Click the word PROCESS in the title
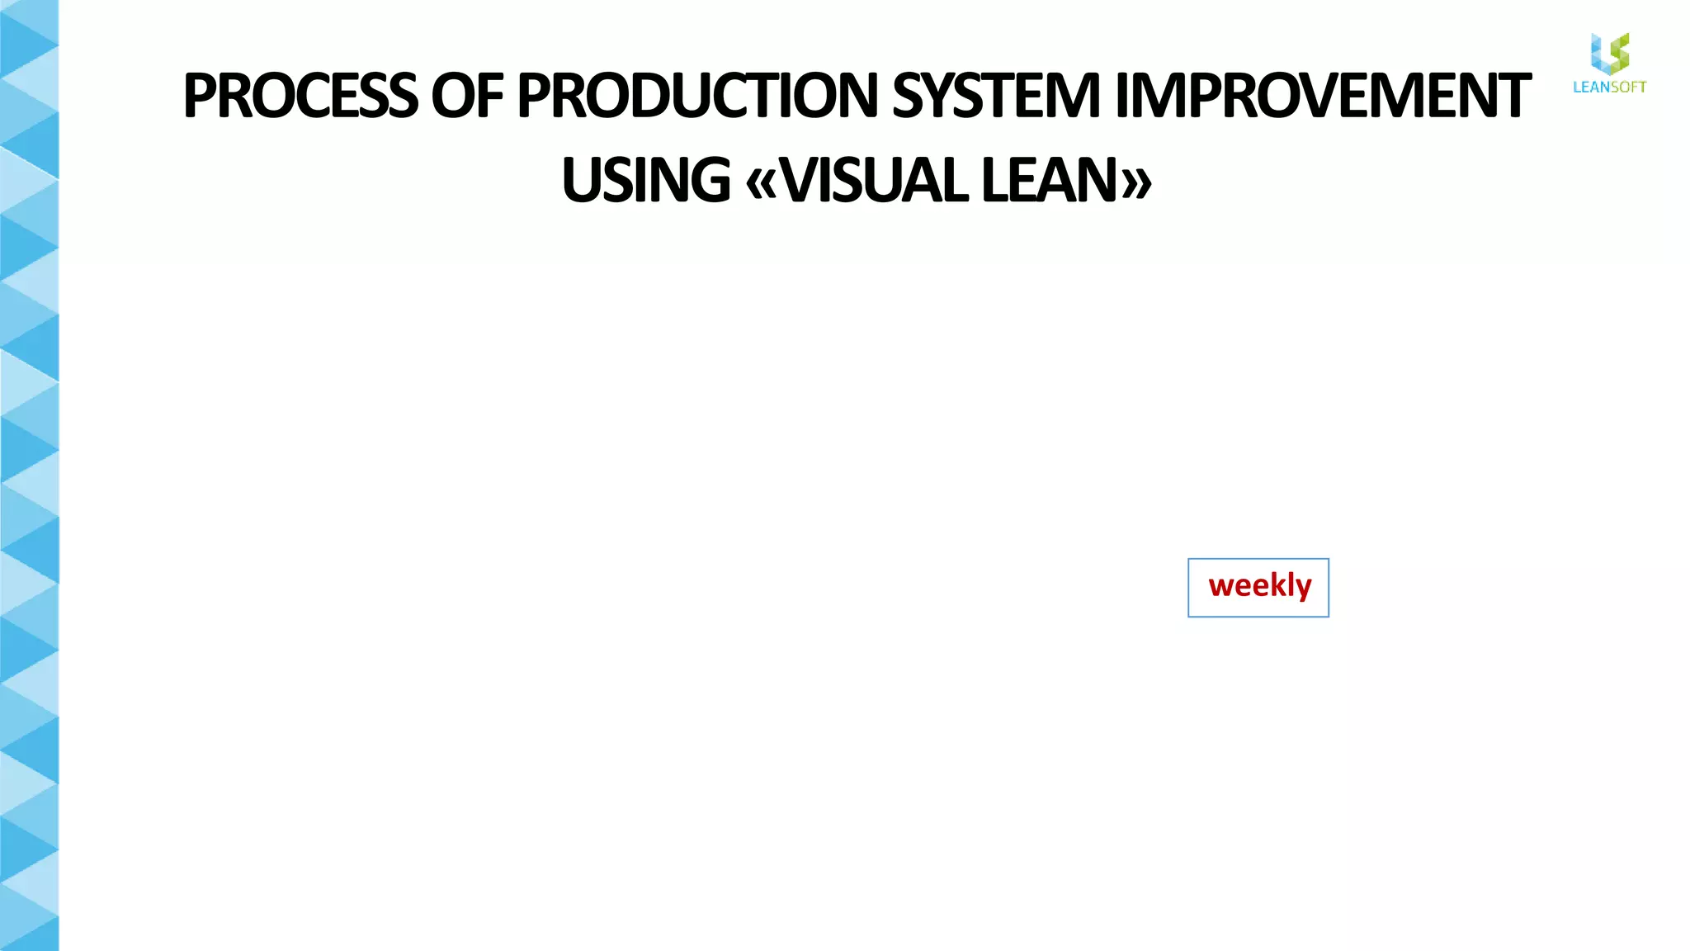pyautogui.click(x=300, y=96)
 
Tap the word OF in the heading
pyautogui.click(x=466, y=96)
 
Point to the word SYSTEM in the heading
pyautogui.click(x=996, y=96)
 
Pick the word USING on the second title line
pyautogui.click(x=646, y=180)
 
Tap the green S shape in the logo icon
pyautogui.click(x=1620, y=51)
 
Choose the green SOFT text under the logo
pyautogui.click(x=1628, y=87)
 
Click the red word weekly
pyautogui.click(x=1259, y=586)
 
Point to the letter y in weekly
pyautogui.click(x=1303, y=589)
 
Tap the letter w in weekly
pyautogui.click(x=1221, y=586)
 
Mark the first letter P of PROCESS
pyautogui.click(x=199, y=96)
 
